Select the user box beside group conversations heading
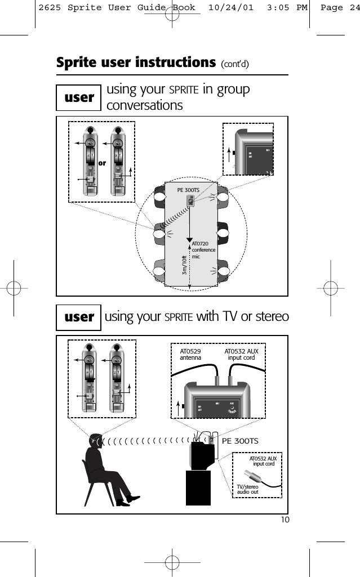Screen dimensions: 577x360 click(79, 97)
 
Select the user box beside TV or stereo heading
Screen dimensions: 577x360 click(79, 317)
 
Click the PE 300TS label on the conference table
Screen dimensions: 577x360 click(189, 190)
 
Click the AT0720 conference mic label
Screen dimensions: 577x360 click(201, 249)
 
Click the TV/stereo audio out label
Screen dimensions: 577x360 click(248, 489)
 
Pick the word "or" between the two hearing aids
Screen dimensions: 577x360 click(102, 163)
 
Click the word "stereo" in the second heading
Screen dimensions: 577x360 click(266, 317)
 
